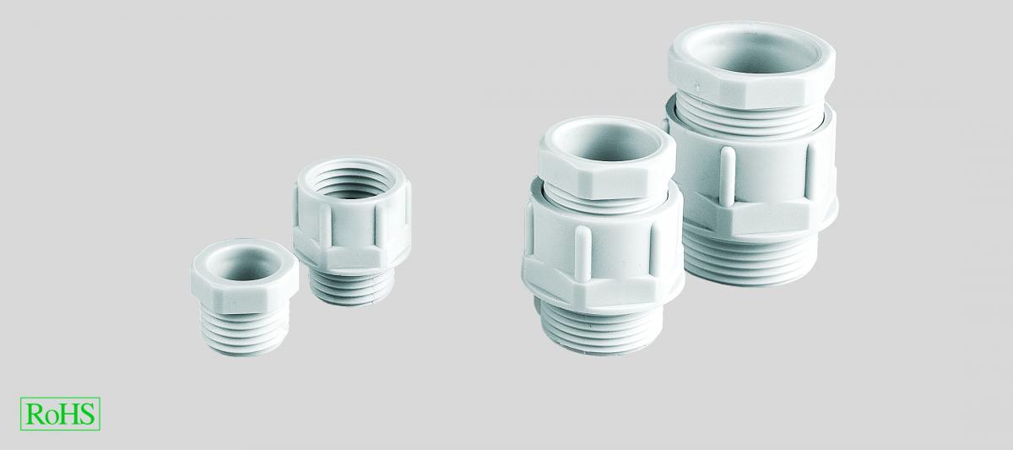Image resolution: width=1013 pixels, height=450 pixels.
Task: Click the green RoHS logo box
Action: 60,414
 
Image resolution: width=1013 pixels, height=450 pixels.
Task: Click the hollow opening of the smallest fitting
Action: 244,263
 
